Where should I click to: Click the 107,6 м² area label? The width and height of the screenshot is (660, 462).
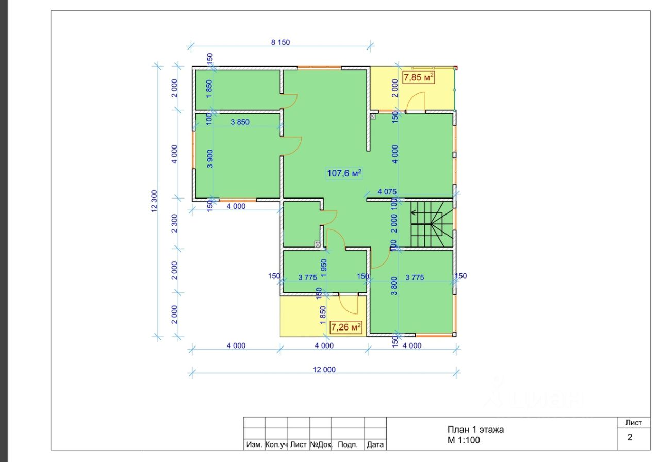[x=344, y=173]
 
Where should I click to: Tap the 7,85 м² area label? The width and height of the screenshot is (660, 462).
[x=418, y=77]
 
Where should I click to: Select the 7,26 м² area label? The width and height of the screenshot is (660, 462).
[x=346, y=327]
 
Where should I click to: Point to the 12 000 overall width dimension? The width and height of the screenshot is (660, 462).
[x=324, y=370]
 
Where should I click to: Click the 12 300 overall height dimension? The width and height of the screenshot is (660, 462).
[x=154, y=201]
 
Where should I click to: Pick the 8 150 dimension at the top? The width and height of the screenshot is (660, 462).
[x=280, y=42]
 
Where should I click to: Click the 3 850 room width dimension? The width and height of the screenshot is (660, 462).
[x=240, y=122]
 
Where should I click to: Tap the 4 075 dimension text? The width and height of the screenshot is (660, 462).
[x=387, y=191]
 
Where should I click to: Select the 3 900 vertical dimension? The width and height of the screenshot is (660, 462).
[x=210, y=159]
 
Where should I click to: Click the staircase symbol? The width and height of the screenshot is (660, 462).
[x=432, y=224]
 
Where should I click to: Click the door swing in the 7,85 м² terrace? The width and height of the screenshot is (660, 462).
[x=416, y=102]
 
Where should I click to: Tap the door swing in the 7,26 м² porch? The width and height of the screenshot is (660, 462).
[x=348, y=304]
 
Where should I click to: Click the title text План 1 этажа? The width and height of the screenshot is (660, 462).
[x=475, y=430]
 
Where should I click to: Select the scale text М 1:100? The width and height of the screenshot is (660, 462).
[x=464, y=440]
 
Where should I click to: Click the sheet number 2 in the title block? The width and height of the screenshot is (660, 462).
[x=630, y=437]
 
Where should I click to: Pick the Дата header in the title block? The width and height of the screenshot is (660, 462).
[x=375, y=444]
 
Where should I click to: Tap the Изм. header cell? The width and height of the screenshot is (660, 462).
[x=254, y=444]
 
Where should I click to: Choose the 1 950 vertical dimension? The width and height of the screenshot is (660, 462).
[x=323, y=268]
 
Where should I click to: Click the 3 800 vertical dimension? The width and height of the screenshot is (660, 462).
[x=394, y=286]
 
